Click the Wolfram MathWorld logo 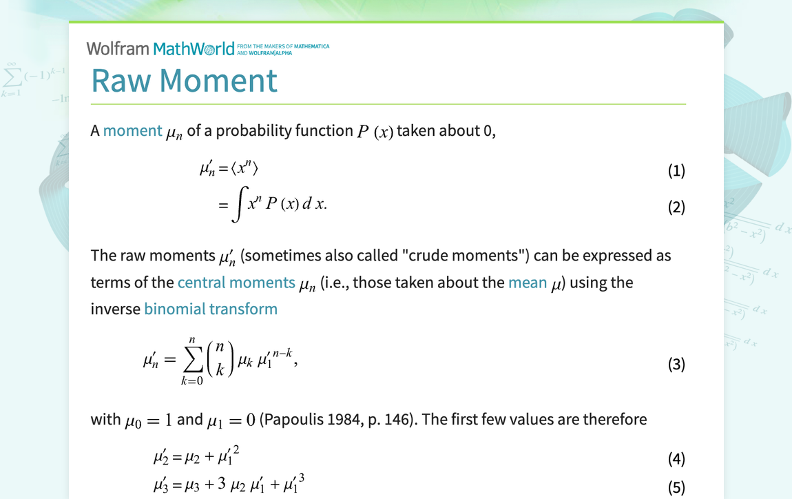point(160,48)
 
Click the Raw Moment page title point(184,80)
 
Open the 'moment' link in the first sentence point(132,130)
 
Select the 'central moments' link point(236,283)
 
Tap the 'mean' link point(527,283)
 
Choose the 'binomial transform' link point(211,309)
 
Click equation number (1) point(676,171)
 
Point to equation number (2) point(676,207)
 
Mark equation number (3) point(676,364)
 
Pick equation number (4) point(676,459)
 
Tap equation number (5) point(676,488)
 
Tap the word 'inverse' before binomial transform point(115,309)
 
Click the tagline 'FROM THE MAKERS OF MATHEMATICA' point(287,46)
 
